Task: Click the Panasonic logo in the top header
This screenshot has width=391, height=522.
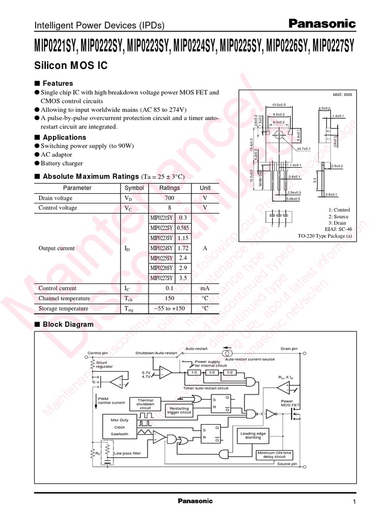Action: click(322, 23)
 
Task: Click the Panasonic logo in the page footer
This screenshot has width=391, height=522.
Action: click(195, 501)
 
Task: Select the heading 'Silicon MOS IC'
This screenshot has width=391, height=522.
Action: click(71, 66)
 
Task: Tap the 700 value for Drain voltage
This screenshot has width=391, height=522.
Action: click(170, 198)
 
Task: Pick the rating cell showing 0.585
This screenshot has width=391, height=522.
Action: click(183, 228)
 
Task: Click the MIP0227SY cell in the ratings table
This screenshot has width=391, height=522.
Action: click(161, 278)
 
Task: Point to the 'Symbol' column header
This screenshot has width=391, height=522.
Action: click(134, 188)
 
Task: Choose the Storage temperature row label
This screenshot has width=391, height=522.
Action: click(64, 308)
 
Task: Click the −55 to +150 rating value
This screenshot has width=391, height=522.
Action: click(170, 308)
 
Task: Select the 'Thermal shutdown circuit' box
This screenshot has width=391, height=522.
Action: click(145, 404)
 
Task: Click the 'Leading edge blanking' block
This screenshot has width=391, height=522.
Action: click(253, 435)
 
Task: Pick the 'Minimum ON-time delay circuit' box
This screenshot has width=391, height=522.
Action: click(274, 455)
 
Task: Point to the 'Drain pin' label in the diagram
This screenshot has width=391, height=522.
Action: click(289, 349)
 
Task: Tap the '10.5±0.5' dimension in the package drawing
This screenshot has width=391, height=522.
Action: click(279, 105)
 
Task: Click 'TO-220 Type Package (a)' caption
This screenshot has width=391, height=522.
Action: click(325, 237)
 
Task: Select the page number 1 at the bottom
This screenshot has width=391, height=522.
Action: click(353, 503)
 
